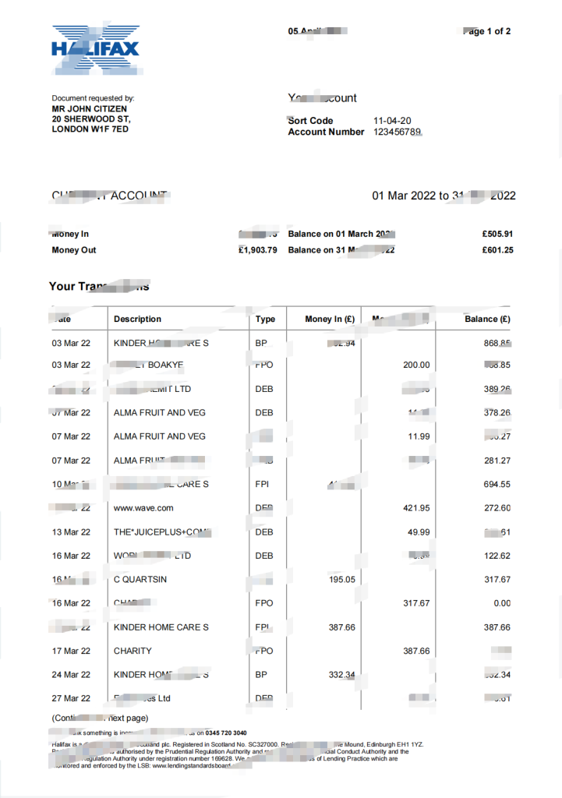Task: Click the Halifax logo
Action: point(95,50)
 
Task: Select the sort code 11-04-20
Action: point(392,121)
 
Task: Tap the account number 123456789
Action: point(398,132)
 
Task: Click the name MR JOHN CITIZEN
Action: point(89,109)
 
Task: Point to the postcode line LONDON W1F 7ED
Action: point(90,129)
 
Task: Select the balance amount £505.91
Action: point(497,234)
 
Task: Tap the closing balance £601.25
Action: point(497,250)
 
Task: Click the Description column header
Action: point(137,319)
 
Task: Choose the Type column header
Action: point(265,319)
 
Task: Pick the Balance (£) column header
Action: point(487,319)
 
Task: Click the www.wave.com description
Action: point(143,508)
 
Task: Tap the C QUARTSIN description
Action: point(140,580)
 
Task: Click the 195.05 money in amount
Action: point(340,580)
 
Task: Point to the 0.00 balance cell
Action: point(502,603)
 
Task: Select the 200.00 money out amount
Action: point(415,365)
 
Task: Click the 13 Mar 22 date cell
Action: point(71,532)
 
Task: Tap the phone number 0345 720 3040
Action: point(226,733)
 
